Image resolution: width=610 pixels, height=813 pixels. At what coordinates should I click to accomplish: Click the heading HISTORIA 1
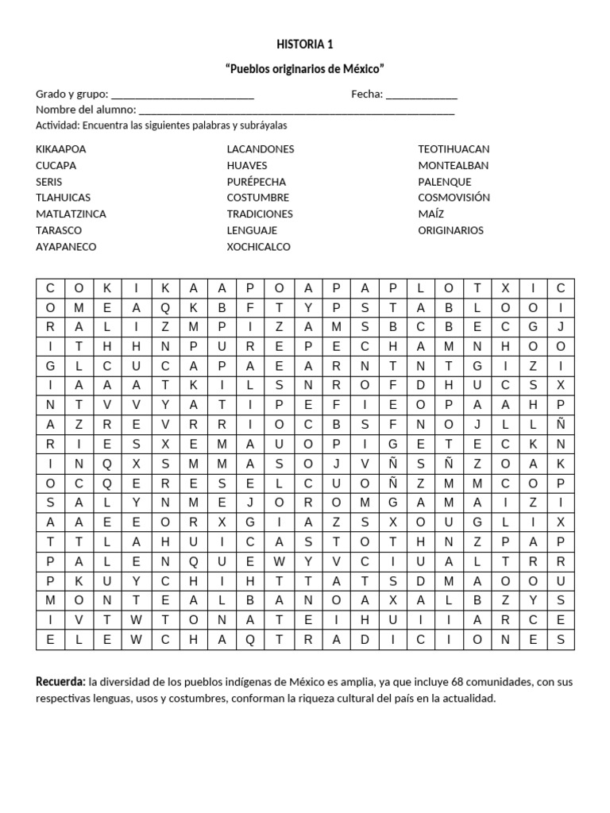(x=305, y=44)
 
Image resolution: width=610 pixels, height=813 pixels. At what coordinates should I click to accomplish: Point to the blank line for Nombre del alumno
(x=296, y=111)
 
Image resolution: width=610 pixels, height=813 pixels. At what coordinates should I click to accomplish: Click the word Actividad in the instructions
(x=57, y=125)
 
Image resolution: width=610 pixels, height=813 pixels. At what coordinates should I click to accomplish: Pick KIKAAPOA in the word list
(x=61, y=149)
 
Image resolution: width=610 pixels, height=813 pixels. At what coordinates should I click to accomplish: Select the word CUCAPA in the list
(x=56, y=165)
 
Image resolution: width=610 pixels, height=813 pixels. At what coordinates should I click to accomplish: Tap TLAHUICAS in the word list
(x=63, y=198)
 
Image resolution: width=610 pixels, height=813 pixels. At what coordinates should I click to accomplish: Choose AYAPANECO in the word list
(x=66, y=247)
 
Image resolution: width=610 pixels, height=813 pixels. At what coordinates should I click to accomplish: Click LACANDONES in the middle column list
(x=261, y=149)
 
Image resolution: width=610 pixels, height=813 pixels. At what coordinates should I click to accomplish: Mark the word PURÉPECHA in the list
(x=256, y=182)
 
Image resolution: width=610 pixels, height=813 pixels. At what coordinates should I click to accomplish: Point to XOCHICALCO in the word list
(x=259, y=247)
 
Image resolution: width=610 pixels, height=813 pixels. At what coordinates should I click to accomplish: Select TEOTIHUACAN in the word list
(x=454, y=149)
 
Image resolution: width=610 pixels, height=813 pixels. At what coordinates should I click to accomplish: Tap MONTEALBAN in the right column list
(x=454, y=165)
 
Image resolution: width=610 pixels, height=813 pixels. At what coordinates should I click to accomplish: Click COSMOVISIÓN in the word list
(x=454, y=198)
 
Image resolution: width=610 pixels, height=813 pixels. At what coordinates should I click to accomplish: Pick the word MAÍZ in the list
(x=431, y=214)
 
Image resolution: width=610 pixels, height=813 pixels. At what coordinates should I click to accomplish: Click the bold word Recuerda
(x=60, y=682)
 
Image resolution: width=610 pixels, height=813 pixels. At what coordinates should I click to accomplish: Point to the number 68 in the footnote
(x=457, y=682)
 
